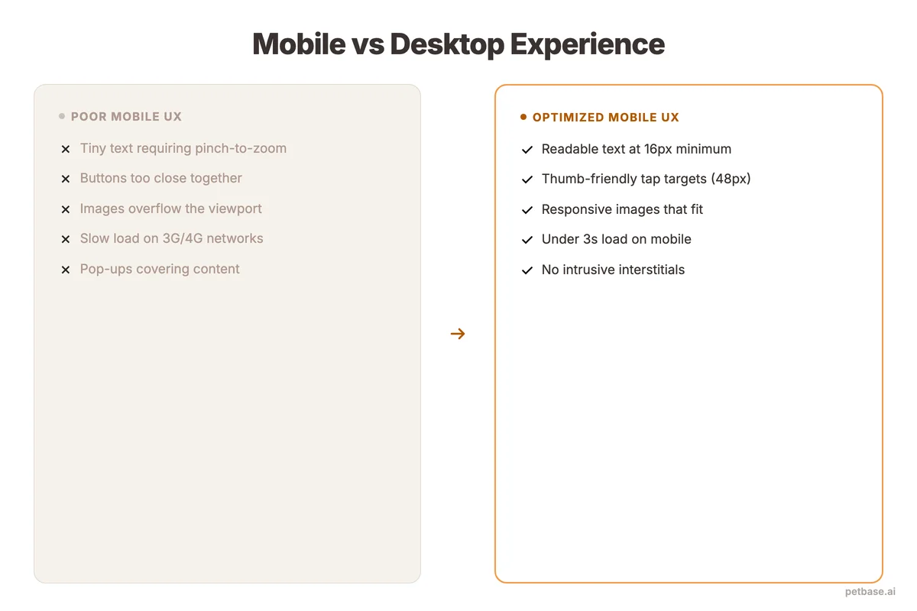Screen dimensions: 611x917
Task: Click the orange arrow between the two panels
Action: (x=458, y=334)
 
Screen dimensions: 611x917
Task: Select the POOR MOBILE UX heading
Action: (x=126, y=117)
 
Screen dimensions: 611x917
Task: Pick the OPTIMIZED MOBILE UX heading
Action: (x=605, y=118)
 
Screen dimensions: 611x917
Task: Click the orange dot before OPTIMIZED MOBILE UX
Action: (x=523, y=117)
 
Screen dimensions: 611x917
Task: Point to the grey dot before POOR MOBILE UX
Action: (x=62, y=117)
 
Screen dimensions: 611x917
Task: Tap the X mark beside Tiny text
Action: (x=66, y=150)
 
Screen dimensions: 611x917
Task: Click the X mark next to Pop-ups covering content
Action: (x=66, y=270)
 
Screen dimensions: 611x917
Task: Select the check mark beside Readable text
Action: (x=527, y=150)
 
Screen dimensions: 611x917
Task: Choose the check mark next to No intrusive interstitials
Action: (x=527, y=270)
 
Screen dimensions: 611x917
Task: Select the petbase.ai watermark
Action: (x=870, y=592)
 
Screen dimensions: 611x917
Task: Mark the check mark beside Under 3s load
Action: (x=527, y=240)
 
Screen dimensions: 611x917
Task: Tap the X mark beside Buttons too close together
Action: (x=66, y=179)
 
